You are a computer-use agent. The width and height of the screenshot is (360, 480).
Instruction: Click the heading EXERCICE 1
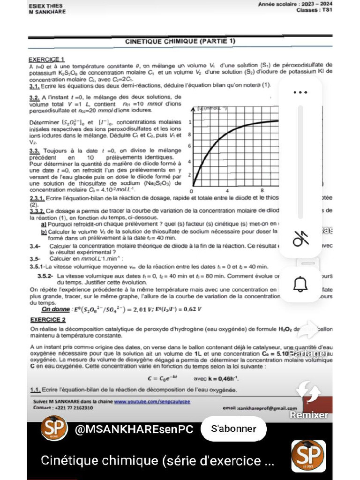coord(46,60)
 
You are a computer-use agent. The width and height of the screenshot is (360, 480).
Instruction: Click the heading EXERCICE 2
coord(47,320)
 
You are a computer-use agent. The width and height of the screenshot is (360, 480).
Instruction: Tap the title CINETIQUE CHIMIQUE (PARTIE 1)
coord(180,42)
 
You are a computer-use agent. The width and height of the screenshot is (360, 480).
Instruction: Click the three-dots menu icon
coord(300,92)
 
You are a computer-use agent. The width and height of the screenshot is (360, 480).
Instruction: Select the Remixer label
coord(309,415)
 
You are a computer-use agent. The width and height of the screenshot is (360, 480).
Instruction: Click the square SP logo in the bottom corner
coord(308,456)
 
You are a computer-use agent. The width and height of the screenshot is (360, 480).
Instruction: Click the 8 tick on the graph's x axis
coord(262,191)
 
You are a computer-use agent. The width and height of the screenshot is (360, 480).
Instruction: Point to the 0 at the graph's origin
coord(191,191)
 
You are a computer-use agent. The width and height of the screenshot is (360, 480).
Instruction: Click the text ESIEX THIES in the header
coord(45,6)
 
